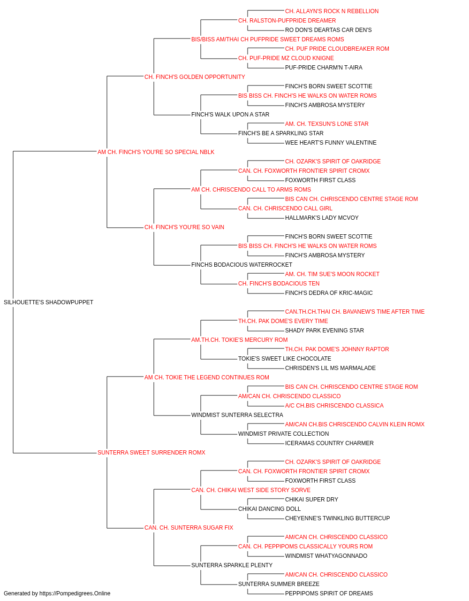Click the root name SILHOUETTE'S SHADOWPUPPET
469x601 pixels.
(48, 302)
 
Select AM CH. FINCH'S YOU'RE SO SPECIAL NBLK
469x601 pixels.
(156, 152)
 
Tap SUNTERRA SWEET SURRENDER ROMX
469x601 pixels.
(151, 453)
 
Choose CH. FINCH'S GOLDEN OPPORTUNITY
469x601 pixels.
(195, 77)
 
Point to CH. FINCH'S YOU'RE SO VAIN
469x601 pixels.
(184, 227)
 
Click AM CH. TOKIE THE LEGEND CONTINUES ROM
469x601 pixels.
(207, 378)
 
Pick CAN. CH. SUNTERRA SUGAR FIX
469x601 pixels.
(189, 528)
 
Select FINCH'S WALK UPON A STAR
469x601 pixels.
(230, 115)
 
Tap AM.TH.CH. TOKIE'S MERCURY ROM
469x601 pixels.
(240, 340)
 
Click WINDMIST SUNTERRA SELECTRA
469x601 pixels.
(237, 415)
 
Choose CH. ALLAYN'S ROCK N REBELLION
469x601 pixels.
(332, 11)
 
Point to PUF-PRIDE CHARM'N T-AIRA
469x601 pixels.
(324, 68)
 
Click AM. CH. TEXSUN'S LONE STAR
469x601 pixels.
(327, 124)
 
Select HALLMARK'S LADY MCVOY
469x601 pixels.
(322, 218)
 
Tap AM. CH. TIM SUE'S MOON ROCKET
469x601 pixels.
(332, 274)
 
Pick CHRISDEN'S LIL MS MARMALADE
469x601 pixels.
(330, 368)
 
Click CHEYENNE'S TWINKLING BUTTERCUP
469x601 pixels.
(338, 518)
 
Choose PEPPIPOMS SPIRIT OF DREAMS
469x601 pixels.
(329, 593)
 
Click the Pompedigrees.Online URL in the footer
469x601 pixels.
(75, 593)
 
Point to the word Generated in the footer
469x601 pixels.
(16, 593)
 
